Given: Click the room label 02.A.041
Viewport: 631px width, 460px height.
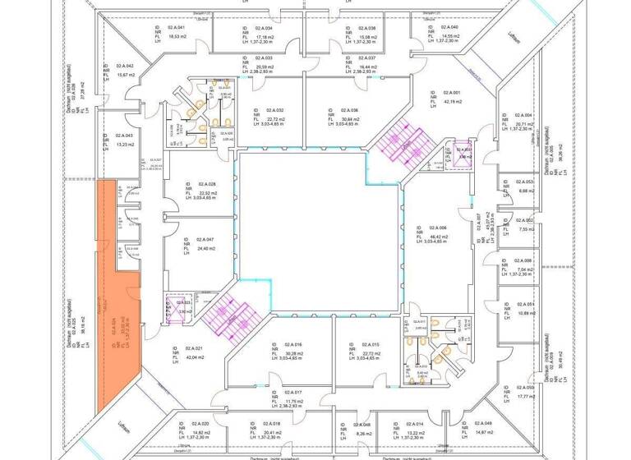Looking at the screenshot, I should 177,28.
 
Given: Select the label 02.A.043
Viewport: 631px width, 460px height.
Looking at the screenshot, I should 124,136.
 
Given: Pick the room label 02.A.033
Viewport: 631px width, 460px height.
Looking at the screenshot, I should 264,58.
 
